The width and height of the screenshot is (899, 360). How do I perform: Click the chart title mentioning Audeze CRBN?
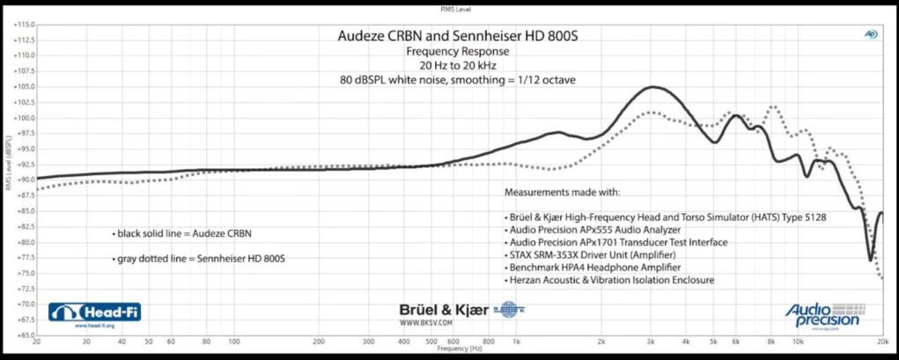click(x=458, y=37)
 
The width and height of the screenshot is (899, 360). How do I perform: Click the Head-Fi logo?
click(x=95, y=312)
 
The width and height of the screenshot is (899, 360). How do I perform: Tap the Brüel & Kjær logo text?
click(x=437, y=310)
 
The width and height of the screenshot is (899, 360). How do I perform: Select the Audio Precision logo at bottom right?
click(x=822, y=314)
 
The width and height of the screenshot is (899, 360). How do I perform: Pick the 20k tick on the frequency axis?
click(x=881, y=342)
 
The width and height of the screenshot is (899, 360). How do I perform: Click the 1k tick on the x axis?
click(x=517, y=342)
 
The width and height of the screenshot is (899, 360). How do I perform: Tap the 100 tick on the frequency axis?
click(x=234, y=342)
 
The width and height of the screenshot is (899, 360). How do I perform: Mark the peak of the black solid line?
click(x=653, y=87)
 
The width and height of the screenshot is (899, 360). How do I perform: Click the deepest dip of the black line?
click(x=871, y=261)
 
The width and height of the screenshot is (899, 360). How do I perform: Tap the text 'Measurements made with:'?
click(x=562, y=191)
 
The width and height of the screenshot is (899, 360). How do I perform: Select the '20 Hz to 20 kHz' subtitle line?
click(x=458, y=65)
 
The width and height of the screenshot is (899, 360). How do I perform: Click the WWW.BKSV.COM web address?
click(x=426, y=322)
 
